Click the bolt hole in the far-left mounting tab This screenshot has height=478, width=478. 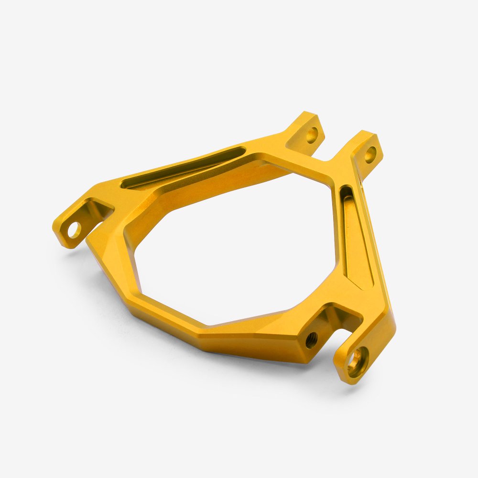(x=74, y=230)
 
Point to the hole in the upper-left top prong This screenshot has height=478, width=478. (x=312, y=134)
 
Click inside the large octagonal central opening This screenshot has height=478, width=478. (x=234, y=249)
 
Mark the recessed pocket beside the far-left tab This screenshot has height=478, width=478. (x=98, y=210)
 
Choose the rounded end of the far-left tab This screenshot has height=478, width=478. (x=60, y=234)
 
